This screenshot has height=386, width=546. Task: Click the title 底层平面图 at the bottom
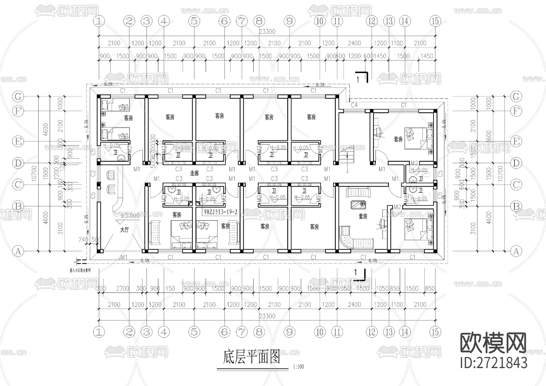point(251,357)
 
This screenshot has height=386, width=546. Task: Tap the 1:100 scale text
point(298,367)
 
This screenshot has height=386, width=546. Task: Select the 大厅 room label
point(124,230)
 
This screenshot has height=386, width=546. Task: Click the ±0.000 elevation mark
point(130,216)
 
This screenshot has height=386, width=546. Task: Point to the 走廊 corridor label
point(194,173)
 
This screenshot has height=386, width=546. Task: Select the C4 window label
point(354,105)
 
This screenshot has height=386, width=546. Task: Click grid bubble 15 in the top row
point(435,21)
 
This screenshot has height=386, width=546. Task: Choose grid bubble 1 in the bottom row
point(99,332)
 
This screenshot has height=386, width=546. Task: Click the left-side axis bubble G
point(18,96)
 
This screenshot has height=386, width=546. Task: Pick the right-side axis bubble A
point(516,251)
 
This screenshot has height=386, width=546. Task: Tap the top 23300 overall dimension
point(267,32)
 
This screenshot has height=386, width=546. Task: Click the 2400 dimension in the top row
point(354,43)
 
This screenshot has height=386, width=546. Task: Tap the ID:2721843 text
point(494,363)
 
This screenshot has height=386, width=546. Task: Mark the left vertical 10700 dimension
point(34,174)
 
